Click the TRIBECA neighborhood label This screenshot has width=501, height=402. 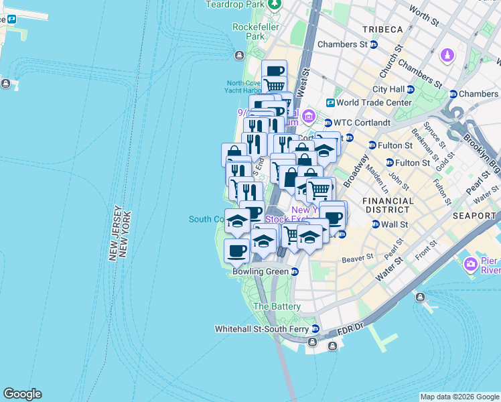point(382,29)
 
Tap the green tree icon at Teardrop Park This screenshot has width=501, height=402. point(274,5)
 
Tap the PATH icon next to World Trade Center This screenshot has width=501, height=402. point(330,103)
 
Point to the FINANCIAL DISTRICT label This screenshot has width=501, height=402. point(388,206)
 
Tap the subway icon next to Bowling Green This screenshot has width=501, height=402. point(294,271)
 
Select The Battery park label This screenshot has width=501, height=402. point(277,306)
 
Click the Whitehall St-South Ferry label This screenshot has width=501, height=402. point(263,329)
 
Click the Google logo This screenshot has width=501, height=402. point(22,394)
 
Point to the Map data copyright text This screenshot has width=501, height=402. point(459,397)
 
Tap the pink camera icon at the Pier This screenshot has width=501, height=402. point(471,264)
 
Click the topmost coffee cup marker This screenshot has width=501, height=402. point(274,70)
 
